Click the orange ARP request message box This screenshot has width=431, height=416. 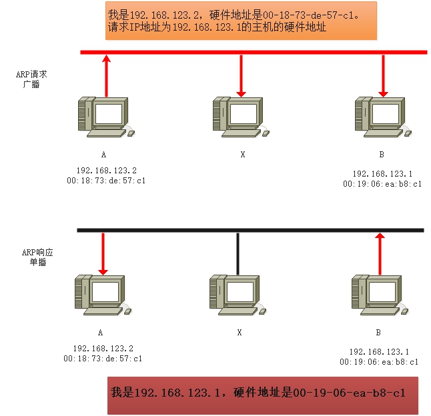tap(241, 21)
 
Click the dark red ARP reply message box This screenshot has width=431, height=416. tap(263, 395)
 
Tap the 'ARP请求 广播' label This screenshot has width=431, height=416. tap(31, 79)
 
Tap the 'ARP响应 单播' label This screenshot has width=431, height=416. tap(37, 257)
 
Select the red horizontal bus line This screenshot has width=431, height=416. tap(254, 52)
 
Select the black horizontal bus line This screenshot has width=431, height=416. tap(250, 231)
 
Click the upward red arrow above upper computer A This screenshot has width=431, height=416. tap(106, 76)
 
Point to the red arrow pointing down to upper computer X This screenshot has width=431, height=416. tap(241, 76)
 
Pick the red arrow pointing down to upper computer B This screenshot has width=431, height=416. tap(383, 76)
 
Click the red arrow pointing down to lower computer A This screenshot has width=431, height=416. tap(103, 254)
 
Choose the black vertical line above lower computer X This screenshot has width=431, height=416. tap(238, 254)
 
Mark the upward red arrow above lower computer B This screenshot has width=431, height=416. tap(380, 254)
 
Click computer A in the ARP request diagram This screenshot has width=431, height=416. tap(106, 117)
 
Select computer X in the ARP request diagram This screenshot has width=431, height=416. tap(241, 117)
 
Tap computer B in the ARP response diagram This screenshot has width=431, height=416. tap(380, 295)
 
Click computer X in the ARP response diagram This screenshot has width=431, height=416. tap(238, 295)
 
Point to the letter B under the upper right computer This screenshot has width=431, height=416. tap(382, 155)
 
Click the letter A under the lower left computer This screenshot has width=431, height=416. tap(100, 333)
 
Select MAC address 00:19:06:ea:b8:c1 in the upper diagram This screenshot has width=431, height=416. tap(382, 184)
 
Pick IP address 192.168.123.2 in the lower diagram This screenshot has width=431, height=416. tap(103, 349)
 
